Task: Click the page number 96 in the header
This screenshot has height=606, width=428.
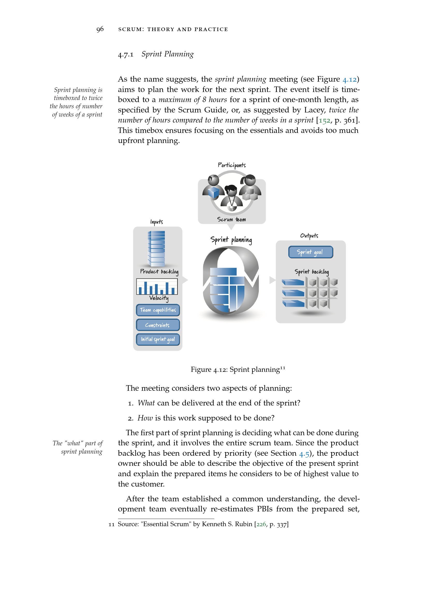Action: click(100, 29)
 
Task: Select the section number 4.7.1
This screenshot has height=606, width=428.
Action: click(126, 55)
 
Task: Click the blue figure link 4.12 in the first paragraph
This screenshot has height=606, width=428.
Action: click(349, 80)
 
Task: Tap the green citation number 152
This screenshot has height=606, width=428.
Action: click(324, 121)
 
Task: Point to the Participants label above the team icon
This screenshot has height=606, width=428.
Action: click(232, 165)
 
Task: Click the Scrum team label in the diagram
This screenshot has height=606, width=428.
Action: click(231, 219)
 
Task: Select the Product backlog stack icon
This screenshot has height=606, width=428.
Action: click(157, 249)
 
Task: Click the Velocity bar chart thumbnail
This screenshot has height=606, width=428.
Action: click(157, 286)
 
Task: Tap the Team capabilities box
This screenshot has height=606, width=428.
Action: click(158, 310)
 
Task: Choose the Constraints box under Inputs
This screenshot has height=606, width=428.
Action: click(158, 325)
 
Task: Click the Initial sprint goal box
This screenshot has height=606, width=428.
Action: click(158, 339)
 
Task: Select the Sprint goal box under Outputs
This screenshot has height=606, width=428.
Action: click(311, 252)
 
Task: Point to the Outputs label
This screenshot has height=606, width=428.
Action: click(309, 236)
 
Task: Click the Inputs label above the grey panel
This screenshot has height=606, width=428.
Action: click(157, 222)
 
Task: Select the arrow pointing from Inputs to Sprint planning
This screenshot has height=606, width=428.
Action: click(185, 280)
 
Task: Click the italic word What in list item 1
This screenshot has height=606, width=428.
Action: click(146, 403)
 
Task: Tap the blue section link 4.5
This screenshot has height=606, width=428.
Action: click(304, 454)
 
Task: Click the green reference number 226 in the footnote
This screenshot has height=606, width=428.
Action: click(261, 524)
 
